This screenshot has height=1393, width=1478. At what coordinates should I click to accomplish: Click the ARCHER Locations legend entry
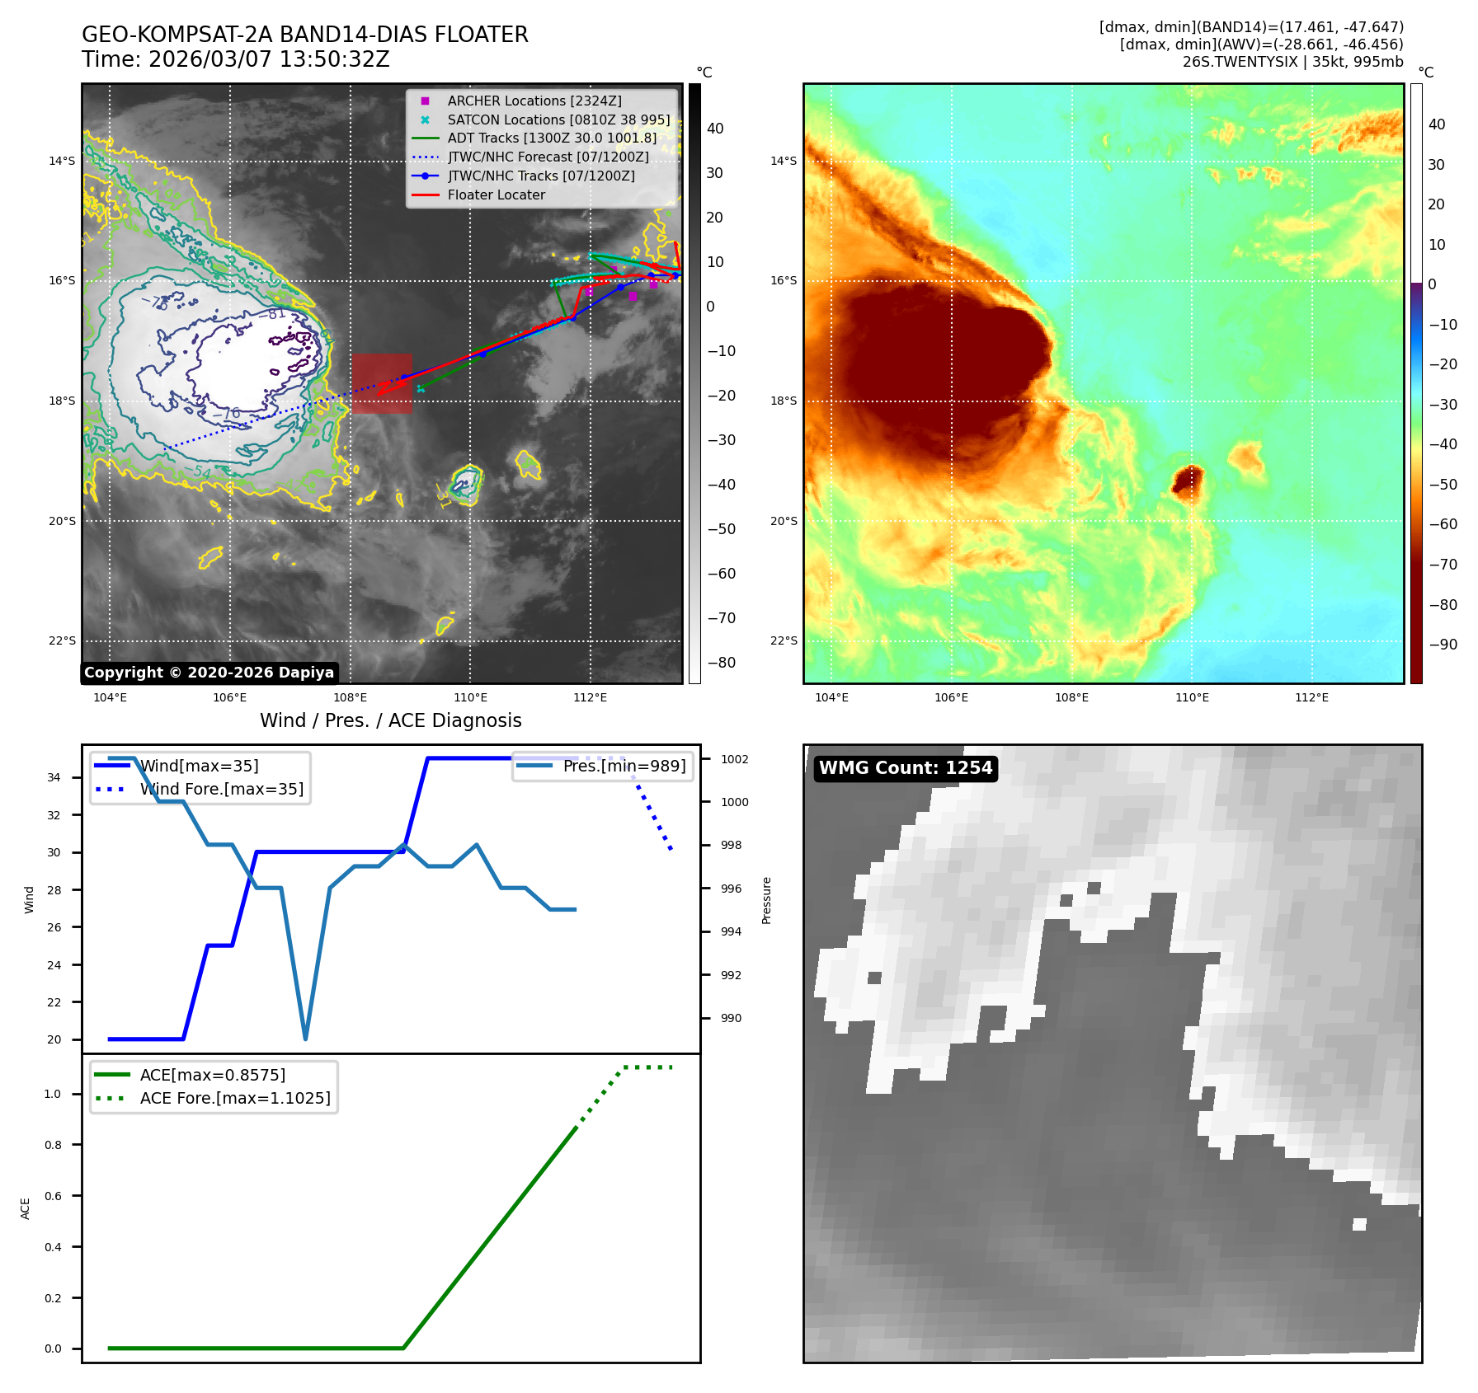pyautogui.click(x=534, y=101)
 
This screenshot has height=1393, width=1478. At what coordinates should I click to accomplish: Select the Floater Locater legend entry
pyautogui.click(x=496, y=195)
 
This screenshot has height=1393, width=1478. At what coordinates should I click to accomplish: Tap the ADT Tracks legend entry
pyautogui.click(x=551, y=138)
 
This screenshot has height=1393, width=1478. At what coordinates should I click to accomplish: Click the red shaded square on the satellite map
pyautogui.click(x=382, y=383)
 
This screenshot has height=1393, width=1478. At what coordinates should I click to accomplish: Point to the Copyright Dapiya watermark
pyautogui.click(x=209, y=673)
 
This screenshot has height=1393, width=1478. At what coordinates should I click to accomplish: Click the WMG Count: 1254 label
pyautogui.click(x=905, y=768)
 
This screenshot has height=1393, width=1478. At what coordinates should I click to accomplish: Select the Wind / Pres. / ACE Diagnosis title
pyautogui.click(x=390, y=721)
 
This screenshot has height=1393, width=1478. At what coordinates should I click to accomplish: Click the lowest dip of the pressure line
pyautogui.click(x=305, y=1039)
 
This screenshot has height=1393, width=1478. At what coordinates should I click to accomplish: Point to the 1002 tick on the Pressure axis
pyautogui.click(x=734, y=759)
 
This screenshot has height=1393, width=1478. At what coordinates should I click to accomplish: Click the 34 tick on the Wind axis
pyautogui.click(x=54, y=778)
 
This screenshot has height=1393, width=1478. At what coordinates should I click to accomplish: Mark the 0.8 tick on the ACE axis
pyautogui.click(x=53, y=1145)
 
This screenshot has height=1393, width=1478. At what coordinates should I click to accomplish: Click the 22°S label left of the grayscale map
pyautogui.click(x=62, y=641)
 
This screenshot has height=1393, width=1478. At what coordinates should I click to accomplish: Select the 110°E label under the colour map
pyautogui.click(x=1192, y=698)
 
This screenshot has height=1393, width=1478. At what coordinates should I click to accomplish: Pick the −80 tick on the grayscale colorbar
pyautogui.click(x=721, y=663)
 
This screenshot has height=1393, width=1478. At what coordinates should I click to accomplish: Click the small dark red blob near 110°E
pyautogui.click(x=1188, y=481)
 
